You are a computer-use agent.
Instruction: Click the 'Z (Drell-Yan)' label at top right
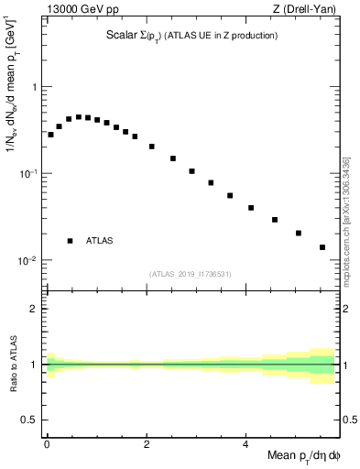click(308, 10)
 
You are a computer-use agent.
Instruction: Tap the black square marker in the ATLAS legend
click(70, 241)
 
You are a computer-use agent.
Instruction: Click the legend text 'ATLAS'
click(100, 241)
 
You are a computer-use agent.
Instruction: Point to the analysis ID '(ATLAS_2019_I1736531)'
click(191, 273)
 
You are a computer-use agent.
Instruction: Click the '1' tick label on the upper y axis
click(34, 87)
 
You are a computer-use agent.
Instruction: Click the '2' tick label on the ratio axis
click(34, 309)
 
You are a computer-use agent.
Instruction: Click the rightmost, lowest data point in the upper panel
click(322, 247)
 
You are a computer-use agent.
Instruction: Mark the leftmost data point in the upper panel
click(50, 135)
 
